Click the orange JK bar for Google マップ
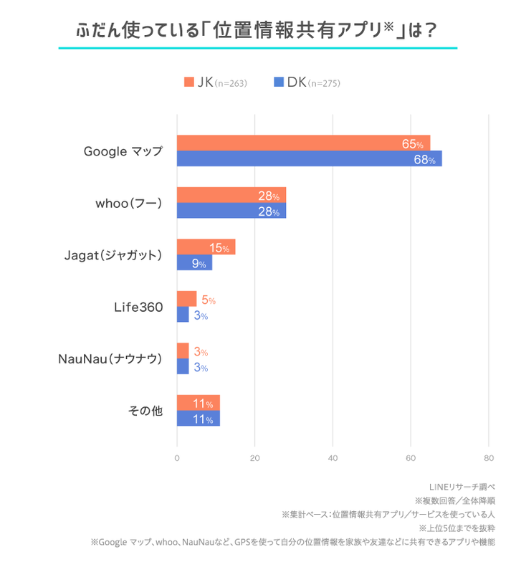[x=303, y=143]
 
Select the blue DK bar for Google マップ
[x=309, y=158]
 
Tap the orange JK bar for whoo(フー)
[x=231, y=195]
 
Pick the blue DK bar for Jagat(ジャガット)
[x=194, y=263]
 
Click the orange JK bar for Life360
[x=186, y=299]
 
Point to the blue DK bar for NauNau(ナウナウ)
[x=183, y=367]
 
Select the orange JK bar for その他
[x=198, y=403]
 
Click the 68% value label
[x=424, y=160]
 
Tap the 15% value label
[x=219, y=248]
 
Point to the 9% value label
[x=199, y=264]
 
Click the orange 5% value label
[x=208, y=300]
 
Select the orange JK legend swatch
[x=189, y=82]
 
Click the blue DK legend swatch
[x=279, y=82]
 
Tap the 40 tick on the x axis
[x=333, y=458]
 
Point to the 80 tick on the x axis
[x=488, y=458]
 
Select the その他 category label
[x=145, y=411]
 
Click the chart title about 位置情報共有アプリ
[x=257, y=31]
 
